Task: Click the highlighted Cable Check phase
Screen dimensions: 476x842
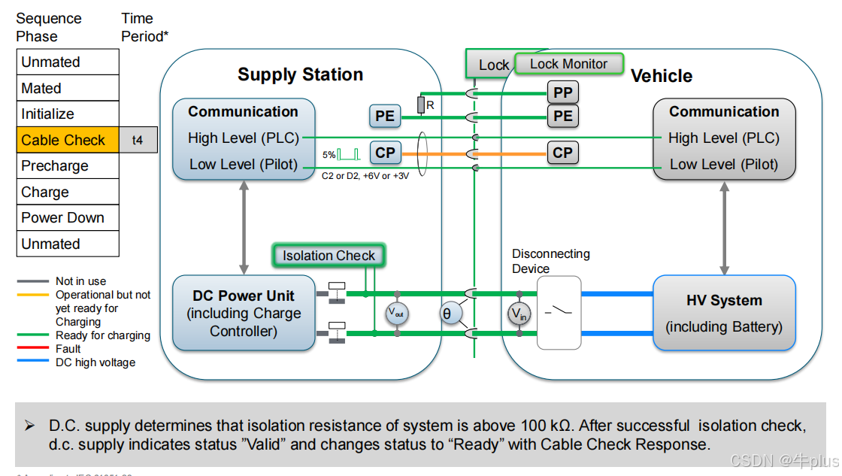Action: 67,140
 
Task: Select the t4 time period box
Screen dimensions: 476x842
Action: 138,140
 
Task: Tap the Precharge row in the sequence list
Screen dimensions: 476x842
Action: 67,166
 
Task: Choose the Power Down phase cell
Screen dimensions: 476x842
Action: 67,218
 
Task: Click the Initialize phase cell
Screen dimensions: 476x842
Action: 67,114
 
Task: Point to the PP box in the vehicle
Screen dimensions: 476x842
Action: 562,92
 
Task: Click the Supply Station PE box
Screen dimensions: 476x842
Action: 385,116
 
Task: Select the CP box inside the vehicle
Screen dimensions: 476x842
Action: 562,153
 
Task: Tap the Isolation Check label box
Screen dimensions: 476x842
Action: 329,256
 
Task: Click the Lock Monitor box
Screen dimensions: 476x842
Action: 568,64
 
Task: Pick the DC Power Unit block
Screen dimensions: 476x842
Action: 244,313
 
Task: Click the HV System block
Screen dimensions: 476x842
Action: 724,313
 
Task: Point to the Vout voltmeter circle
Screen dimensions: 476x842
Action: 397,313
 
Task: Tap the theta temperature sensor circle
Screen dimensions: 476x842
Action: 450,314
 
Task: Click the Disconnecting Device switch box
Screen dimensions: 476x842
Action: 559,312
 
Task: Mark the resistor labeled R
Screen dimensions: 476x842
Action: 421,105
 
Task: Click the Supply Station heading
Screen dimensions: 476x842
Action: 300,74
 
